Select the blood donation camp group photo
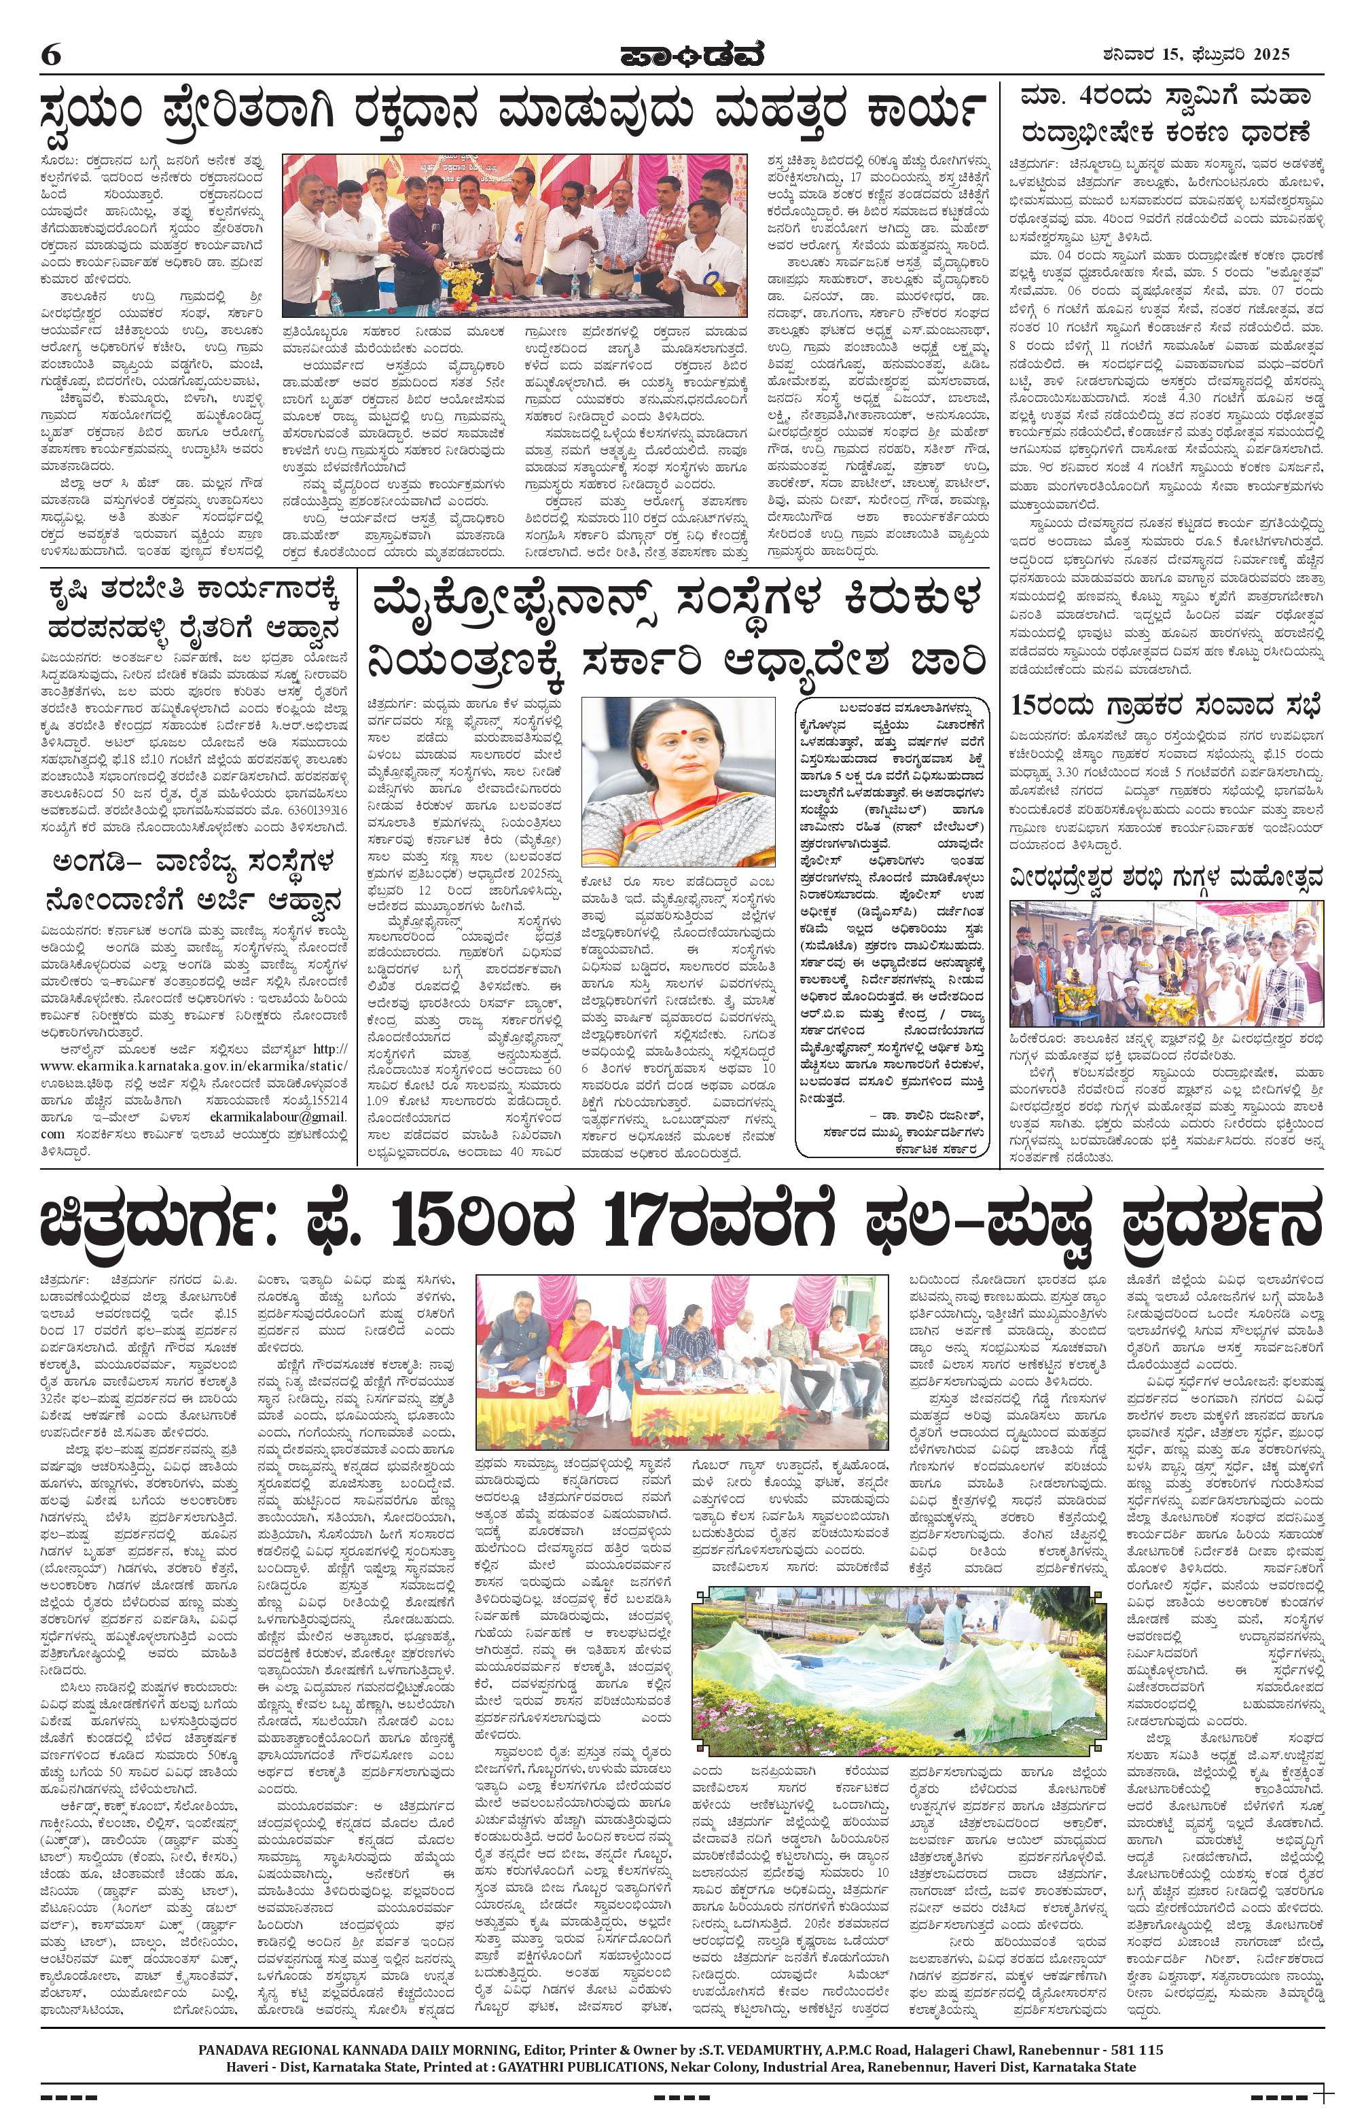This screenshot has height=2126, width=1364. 515,236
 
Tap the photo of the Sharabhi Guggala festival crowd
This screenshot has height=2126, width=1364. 1168,962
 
